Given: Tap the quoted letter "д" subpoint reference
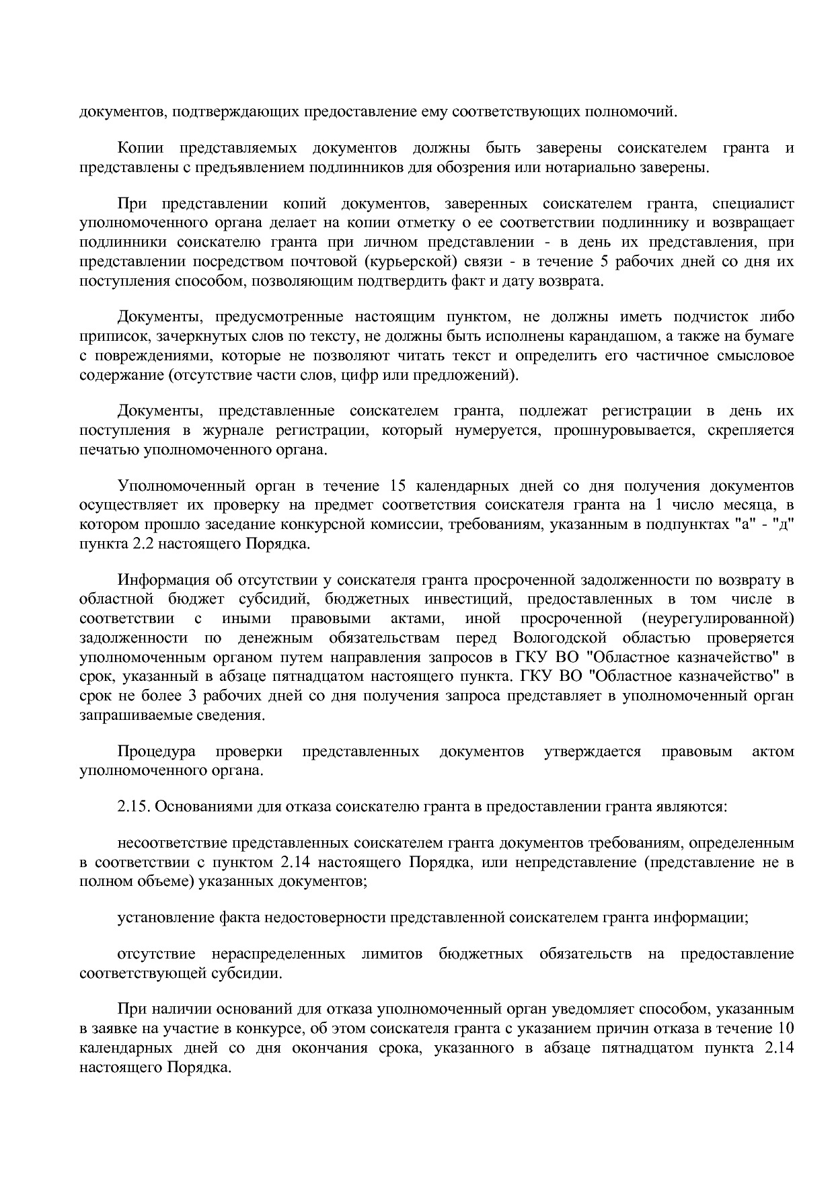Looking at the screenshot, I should (785, 524).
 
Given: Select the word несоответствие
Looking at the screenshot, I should (172, 843).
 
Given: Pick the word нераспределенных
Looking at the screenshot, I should (278, 954).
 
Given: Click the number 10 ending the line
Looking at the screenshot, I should (785, 1028).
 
